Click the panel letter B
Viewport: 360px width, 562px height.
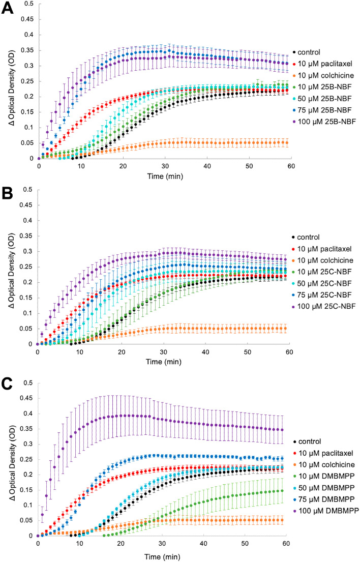click(x=8, y=194)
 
